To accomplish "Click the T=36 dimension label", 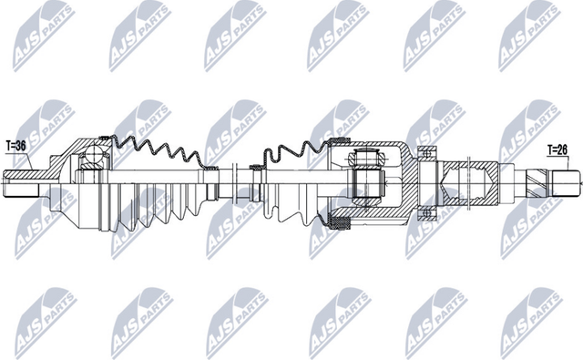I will pyautogui.click(x=16, y=144).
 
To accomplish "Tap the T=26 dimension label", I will pyautogui.click(x=558, y=149).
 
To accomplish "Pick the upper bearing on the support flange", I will pyautogui.click(x=424, y=151).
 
